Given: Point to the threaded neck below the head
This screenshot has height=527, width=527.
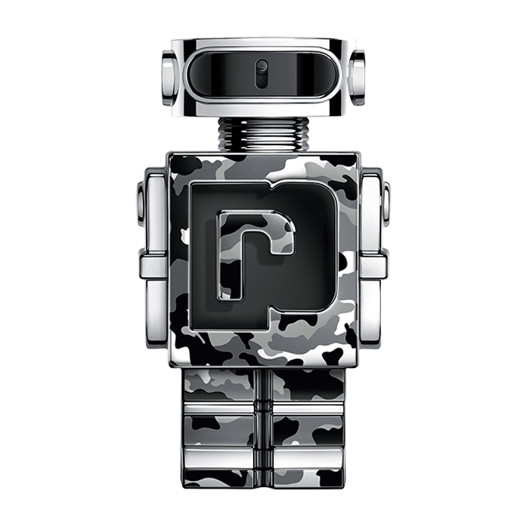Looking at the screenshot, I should click(263, 135).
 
